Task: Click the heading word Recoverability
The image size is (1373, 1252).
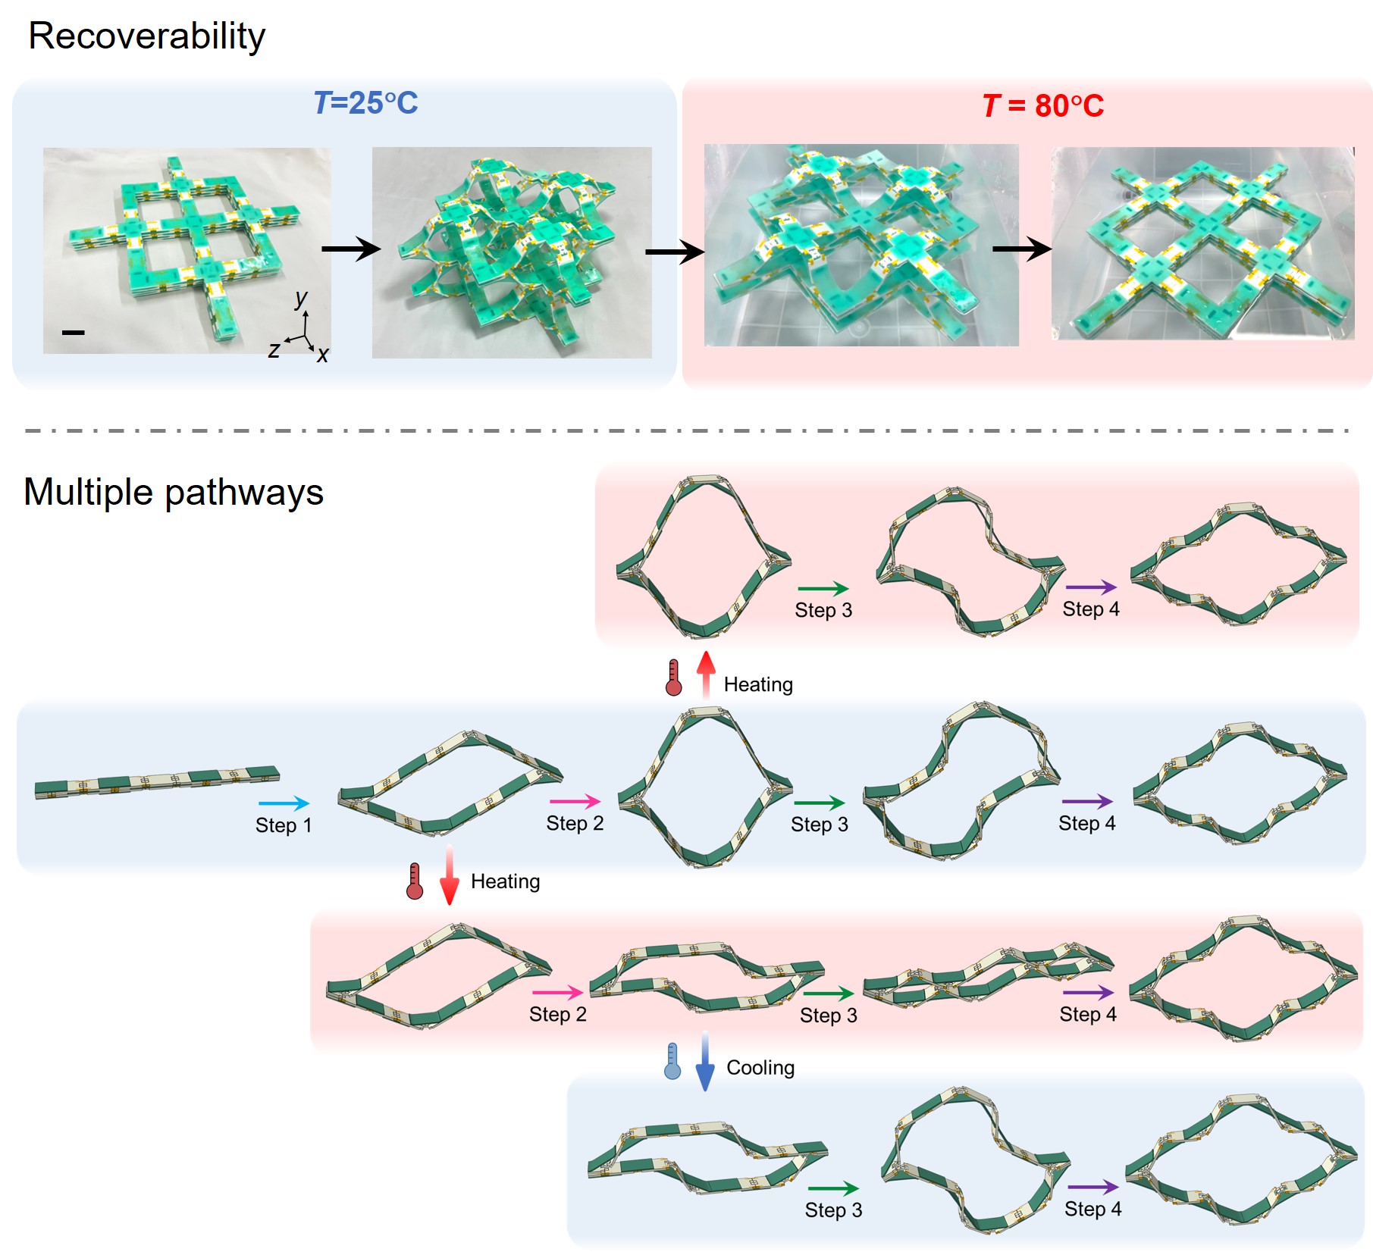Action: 146,36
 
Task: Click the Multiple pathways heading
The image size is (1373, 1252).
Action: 173,492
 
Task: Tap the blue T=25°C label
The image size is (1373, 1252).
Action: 365,103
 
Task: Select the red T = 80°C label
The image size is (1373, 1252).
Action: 1042,105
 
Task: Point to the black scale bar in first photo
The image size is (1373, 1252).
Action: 73,332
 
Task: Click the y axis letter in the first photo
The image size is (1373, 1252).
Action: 302,298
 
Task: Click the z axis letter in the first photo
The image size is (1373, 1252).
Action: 274,349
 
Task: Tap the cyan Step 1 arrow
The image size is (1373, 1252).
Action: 284,803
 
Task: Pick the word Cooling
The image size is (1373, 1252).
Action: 760,1068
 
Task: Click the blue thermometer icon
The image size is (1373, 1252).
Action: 672,1061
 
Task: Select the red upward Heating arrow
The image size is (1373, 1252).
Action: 706,674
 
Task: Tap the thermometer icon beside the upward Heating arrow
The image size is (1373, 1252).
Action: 673,678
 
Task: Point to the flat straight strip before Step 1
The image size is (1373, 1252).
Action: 157,781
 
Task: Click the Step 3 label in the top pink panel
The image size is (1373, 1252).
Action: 823,610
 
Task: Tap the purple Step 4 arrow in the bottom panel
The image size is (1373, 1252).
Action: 1092,1188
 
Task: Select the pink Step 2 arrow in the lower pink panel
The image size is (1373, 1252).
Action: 557,992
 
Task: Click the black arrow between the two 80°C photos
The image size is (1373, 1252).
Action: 1021,248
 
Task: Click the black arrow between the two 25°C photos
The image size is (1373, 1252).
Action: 350,249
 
